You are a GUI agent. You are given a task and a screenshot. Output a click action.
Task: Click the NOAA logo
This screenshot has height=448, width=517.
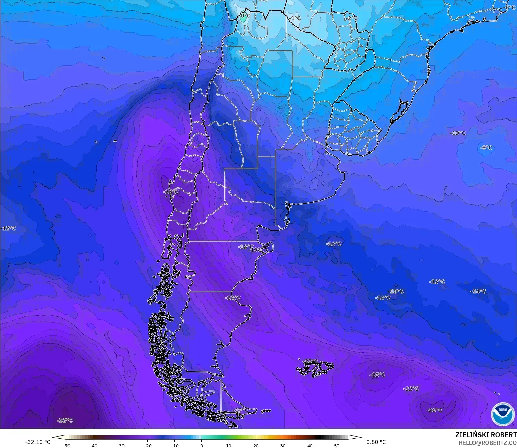(x=502, y=414)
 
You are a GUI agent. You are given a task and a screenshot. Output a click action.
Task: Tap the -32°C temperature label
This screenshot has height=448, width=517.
(x=65, y=421)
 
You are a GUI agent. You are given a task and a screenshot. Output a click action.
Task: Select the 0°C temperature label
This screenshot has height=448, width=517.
(x=245, y=16)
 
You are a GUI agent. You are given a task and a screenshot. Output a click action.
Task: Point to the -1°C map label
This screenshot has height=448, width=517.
(x=294, y=18)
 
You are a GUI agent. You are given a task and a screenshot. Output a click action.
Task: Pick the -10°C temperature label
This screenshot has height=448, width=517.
(x=457, y=133)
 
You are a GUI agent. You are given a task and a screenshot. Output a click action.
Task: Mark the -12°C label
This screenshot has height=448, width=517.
(x=8, y=228)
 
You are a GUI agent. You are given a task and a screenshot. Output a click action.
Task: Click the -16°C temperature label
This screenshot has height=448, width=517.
(x=333, y=244)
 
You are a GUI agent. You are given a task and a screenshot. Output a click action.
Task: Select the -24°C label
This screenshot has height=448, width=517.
(x=232, y=298)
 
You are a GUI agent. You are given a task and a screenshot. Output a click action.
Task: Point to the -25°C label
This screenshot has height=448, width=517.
(x=377, y=375)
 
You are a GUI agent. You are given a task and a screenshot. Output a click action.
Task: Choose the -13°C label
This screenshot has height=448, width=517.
(x=437, y=282)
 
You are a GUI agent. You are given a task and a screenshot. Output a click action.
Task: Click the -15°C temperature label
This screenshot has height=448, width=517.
(x=396, y=291)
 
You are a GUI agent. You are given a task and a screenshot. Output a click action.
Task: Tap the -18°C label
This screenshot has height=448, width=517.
(x=245, y=247)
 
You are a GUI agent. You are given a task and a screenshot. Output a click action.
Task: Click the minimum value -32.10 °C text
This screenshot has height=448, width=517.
(x=38, y=442)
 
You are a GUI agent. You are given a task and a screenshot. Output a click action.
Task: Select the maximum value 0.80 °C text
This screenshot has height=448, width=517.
(x=376, y=442)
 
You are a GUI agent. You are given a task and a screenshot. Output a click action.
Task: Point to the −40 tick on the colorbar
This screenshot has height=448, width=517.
(x=93, y=445)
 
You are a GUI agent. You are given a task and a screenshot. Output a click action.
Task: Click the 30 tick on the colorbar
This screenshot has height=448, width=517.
(x=283, y=445)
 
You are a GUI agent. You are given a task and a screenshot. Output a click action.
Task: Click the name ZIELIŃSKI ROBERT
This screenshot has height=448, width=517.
(x=486, y=435)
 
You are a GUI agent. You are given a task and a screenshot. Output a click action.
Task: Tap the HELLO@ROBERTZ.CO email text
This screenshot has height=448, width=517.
(x=487, y=443)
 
